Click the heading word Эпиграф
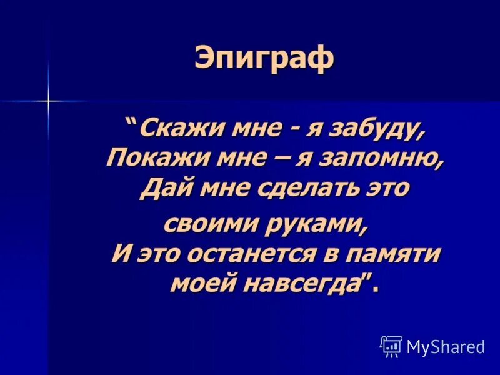(264, 59)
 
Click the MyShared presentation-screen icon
(391, 346)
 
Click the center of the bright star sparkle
(47, 100)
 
